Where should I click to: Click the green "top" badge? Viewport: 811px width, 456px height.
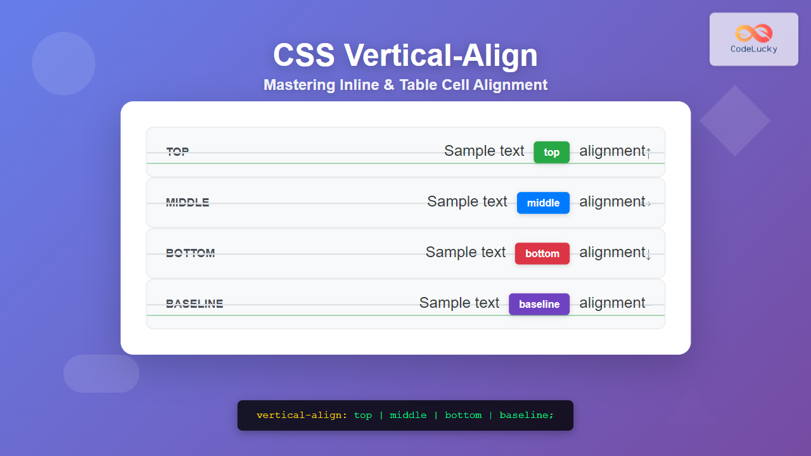coord(551,152)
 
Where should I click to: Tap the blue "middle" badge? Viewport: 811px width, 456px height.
coord(543,203)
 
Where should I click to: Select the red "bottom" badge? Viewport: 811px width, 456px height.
coord(542,253)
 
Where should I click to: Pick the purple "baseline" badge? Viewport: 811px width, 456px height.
coord(539,304)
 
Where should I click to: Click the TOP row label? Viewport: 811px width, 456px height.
coord(177,152)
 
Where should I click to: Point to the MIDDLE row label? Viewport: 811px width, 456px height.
coord(188,203)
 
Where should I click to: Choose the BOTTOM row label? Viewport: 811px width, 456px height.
coord(190,253)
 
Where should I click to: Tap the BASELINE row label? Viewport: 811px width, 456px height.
coord(195,304)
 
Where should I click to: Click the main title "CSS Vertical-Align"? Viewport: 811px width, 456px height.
coord(405,55)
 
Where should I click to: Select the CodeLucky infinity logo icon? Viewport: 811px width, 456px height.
coord(754,33)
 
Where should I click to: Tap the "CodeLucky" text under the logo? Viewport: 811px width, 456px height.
coord(754,49)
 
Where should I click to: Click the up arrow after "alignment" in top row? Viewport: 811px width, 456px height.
coord(648,153)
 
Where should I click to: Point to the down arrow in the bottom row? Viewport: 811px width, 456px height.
coord(648,255)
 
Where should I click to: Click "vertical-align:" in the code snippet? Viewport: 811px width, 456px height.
coord(302,415)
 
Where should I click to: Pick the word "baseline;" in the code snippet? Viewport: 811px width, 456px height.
coord(527,415)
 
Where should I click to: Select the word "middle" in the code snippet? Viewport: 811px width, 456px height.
coord(408,415)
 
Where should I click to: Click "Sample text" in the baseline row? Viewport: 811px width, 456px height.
coord(459,303)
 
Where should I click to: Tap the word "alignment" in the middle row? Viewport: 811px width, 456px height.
coord(612,201)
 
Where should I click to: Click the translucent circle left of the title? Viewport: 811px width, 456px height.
coord(63,63)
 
